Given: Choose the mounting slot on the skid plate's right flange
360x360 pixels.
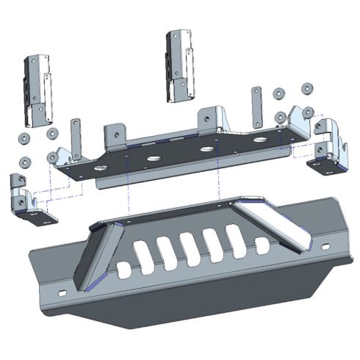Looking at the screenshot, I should [x=328, y=242].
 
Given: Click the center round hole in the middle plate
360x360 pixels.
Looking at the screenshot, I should [x=206, y=151].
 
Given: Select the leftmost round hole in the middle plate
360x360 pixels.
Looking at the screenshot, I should [x=154, y=159].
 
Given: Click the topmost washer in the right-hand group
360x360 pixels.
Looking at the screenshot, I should [x=306, y=89].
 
